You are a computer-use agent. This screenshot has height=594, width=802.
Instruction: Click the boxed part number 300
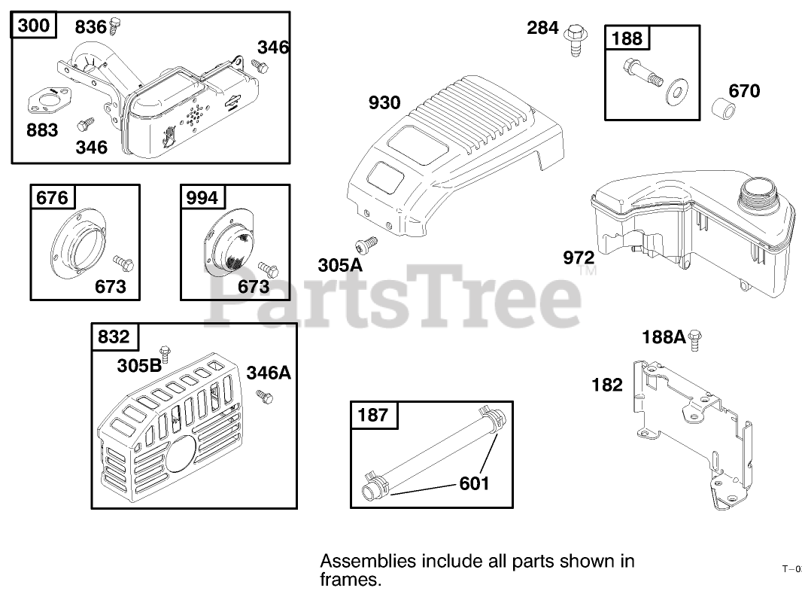click(x=35, y=26)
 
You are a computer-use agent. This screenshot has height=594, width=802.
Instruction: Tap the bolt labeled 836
click(x=115, y=26)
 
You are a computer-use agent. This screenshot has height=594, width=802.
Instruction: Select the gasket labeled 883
click(x=50, y=100)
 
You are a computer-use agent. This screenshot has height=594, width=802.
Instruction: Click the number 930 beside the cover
click(x=384, y=102)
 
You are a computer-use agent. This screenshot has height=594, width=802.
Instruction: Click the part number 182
click(x=607, y=385)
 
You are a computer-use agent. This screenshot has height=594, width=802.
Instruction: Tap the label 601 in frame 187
click(x=474, y=483)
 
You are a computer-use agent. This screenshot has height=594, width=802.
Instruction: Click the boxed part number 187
click(x=373, y=414)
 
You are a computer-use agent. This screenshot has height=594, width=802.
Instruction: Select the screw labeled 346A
click(x=264, y=395)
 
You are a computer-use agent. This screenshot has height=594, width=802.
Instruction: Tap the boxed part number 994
click(x=202, y=198)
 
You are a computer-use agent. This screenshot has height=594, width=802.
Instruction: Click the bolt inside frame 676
click(x=123, y=263)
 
